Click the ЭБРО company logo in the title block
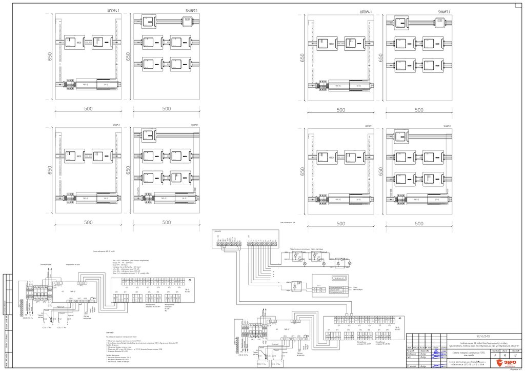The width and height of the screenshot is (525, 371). pyautogui.click(x=501, y=364)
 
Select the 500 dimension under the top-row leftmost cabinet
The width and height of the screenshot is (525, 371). pyautogui.click(x=88, y=109)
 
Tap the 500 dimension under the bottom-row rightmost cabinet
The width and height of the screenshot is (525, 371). pyautogui.click(x=419, y=224)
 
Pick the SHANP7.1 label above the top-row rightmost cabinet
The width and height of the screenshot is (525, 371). pyautogui.click(x=444, y=11)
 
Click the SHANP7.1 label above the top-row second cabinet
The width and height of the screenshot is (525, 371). pyautogui.click(x=191, y=11)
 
